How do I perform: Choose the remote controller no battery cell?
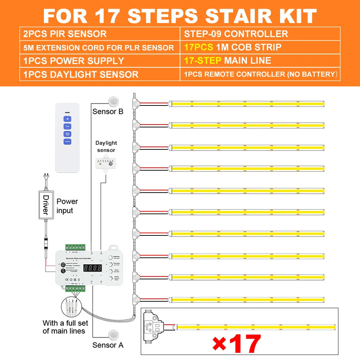[260, 74]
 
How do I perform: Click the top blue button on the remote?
[67, 119]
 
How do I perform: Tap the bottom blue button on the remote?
[67, 141]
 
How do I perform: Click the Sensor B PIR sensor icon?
[114, 100]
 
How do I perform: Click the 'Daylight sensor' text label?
[106, 147]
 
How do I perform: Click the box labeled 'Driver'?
[46, 204]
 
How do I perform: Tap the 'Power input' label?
[67, 206]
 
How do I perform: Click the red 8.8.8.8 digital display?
[92, 268]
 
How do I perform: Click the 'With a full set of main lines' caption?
[64, 327]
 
